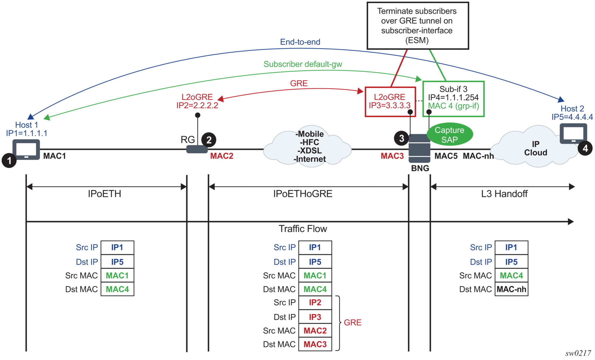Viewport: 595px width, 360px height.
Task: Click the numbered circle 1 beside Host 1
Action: (9, 160)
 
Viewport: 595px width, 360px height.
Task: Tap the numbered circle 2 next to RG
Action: (209, 140)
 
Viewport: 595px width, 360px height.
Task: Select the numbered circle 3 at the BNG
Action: (401, 138)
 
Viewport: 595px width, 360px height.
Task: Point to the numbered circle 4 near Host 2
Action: (585, 148)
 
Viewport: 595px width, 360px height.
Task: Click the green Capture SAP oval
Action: (450, 135)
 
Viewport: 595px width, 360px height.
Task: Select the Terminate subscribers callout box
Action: (417, 26)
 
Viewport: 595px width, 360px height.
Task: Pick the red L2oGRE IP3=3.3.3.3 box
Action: (390, 102)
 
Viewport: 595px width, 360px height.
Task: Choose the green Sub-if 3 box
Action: (453, 99)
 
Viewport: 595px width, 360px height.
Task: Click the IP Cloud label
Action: (535, 148)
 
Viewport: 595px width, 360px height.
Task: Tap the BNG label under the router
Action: (420, 168)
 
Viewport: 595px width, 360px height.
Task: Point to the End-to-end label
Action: (300, 42)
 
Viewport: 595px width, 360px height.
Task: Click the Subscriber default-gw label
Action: (303, 64)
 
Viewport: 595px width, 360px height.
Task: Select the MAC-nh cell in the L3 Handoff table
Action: (511, 289)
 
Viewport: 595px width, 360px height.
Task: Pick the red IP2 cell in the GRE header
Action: (315, 303)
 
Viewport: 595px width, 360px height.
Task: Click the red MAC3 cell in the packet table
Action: (315, 344)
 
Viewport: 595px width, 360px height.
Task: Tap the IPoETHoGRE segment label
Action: (303, 194)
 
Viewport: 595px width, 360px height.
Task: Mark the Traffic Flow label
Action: (303, 229)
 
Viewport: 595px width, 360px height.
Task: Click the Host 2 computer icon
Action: (573, 134)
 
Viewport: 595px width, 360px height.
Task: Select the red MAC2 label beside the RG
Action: (222, 156)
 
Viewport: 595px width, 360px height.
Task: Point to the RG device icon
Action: (197, 149)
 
